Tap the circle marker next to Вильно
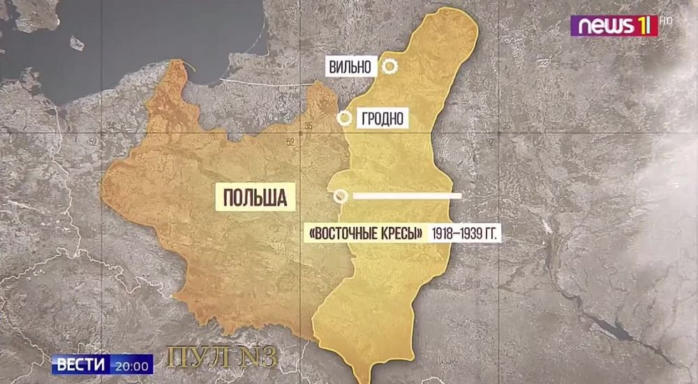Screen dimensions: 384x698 coord(389,67)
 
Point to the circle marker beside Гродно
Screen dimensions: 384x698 coord(344,118)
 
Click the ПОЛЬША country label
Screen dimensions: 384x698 coord(255,197)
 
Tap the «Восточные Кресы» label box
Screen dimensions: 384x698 coord(366,233)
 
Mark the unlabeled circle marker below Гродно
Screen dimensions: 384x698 coord(340,196)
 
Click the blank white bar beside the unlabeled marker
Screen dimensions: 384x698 coord(407,196)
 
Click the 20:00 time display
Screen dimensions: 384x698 coord(133,365)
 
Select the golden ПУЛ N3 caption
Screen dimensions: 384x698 coord(223,357)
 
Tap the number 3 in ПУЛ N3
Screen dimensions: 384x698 coord(270,357)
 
